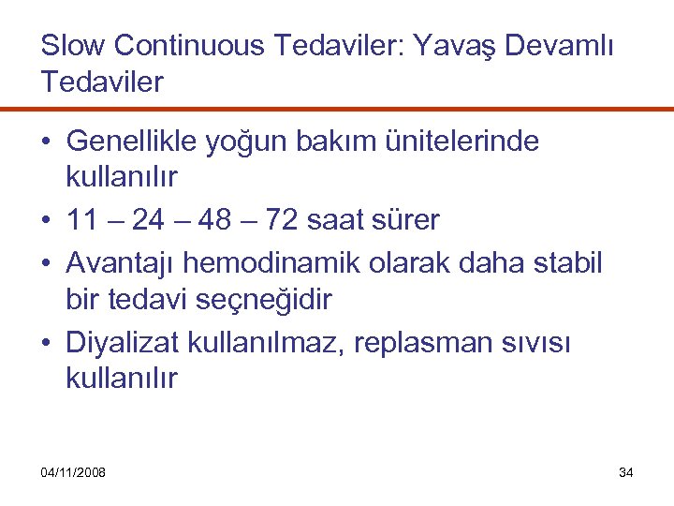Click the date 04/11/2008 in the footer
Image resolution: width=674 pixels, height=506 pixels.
click(x=73, y=472)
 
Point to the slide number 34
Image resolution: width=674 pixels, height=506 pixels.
click(x=626, y=472)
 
